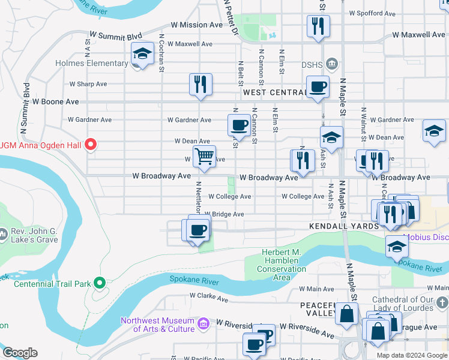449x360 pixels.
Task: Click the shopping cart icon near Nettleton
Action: [204, 156]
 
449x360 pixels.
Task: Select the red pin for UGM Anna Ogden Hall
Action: [91, 144]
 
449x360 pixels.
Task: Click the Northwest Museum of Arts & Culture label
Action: [158, 325]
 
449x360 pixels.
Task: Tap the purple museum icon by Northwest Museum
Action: [203, 324]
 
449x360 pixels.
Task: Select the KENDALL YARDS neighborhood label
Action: [344, 226]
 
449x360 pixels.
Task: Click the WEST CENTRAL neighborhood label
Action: [275, 92]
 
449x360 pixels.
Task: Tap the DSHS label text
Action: [313, 65]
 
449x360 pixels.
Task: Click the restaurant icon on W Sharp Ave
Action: [200, 84]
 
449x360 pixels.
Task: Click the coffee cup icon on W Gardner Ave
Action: [238, 125]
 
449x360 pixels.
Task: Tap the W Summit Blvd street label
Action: [115, 36]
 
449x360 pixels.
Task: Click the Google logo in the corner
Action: [19, 353]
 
